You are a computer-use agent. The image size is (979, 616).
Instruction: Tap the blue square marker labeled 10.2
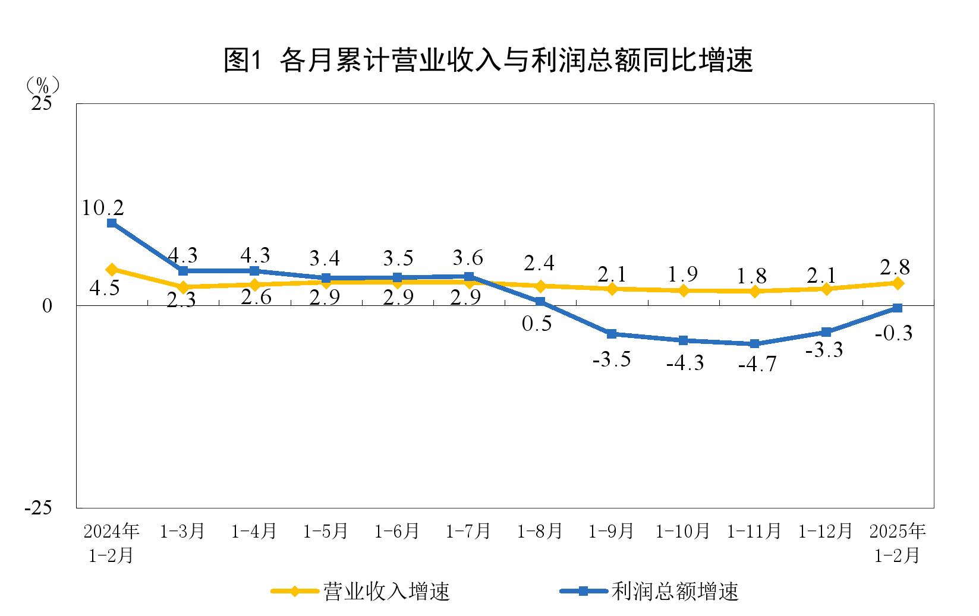112,223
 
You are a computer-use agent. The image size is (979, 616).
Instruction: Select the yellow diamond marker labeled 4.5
112,270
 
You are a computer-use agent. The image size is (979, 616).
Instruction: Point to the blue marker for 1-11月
754,344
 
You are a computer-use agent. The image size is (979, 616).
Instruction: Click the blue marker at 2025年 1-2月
898,308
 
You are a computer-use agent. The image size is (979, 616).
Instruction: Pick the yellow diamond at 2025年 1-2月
898,283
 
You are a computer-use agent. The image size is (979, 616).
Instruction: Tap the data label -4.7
757,364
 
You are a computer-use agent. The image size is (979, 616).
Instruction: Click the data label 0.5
537,324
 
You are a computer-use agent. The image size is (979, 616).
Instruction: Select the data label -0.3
893,333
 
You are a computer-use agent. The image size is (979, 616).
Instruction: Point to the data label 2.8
895,267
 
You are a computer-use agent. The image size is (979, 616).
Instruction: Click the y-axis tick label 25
42,104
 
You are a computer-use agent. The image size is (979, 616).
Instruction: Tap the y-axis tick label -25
38,508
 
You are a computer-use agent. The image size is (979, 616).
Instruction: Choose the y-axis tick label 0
47,306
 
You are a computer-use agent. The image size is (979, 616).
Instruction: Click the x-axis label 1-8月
540,531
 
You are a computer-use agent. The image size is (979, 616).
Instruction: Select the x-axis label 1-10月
682,531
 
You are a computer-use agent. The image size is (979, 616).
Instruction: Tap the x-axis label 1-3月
182,531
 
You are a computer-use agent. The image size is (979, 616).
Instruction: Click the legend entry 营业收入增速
386,592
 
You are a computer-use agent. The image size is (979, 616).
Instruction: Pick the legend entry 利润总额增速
675,592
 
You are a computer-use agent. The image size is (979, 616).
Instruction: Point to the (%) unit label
42,85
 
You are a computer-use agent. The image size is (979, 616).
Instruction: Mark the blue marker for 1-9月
612,334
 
